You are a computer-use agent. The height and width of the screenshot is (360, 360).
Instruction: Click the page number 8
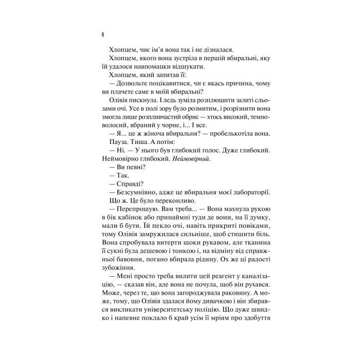103,35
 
